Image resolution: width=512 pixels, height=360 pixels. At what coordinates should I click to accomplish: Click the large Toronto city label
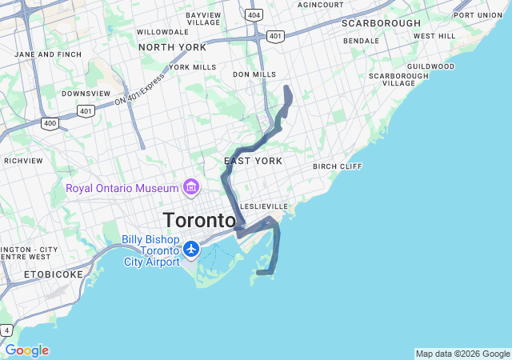(x=199, y=220)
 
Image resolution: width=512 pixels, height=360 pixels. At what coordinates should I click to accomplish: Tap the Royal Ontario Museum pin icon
(x=191, y=187)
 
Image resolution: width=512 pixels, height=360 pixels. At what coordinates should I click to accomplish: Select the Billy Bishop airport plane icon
(x=191, y=249)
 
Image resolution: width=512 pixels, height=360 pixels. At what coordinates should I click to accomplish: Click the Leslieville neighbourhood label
(x=263, y=206)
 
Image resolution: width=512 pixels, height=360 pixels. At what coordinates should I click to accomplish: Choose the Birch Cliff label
(x=337, y=166)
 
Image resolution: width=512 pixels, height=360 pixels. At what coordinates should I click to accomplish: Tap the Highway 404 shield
(x=254, y=14)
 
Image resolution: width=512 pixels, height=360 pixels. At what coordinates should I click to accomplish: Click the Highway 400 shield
(x=50, y=123)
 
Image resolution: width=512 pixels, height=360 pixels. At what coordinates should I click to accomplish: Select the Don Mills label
(x=254, y=74)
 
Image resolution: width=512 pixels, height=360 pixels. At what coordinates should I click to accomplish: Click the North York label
(x=172, y=47)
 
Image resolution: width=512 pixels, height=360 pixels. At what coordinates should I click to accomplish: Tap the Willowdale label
(x=162, y=32)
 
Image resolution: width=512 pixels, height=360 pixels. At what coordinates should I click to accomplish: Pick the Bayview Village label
(x=203, y=18)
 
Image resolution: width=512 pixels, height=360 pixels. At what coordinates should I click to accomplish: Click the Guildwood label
(x=430, y=66)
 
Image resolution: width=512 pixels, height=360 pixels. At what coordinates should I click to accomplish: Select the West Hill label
(x=434, y=36)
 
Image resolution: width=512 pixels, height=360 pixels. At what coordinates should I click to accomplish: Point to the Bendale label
(x=362, y=40)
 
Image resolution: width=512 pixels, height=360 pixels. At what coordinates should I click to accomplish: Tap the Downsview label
(x=86, y=93)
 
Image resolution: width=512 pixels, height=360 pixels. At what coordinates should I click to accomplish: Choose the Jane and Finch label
(x=48, y=54)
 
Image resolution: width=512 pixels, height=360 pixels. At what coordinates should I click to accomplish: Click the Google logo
(x=26, y=350)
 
